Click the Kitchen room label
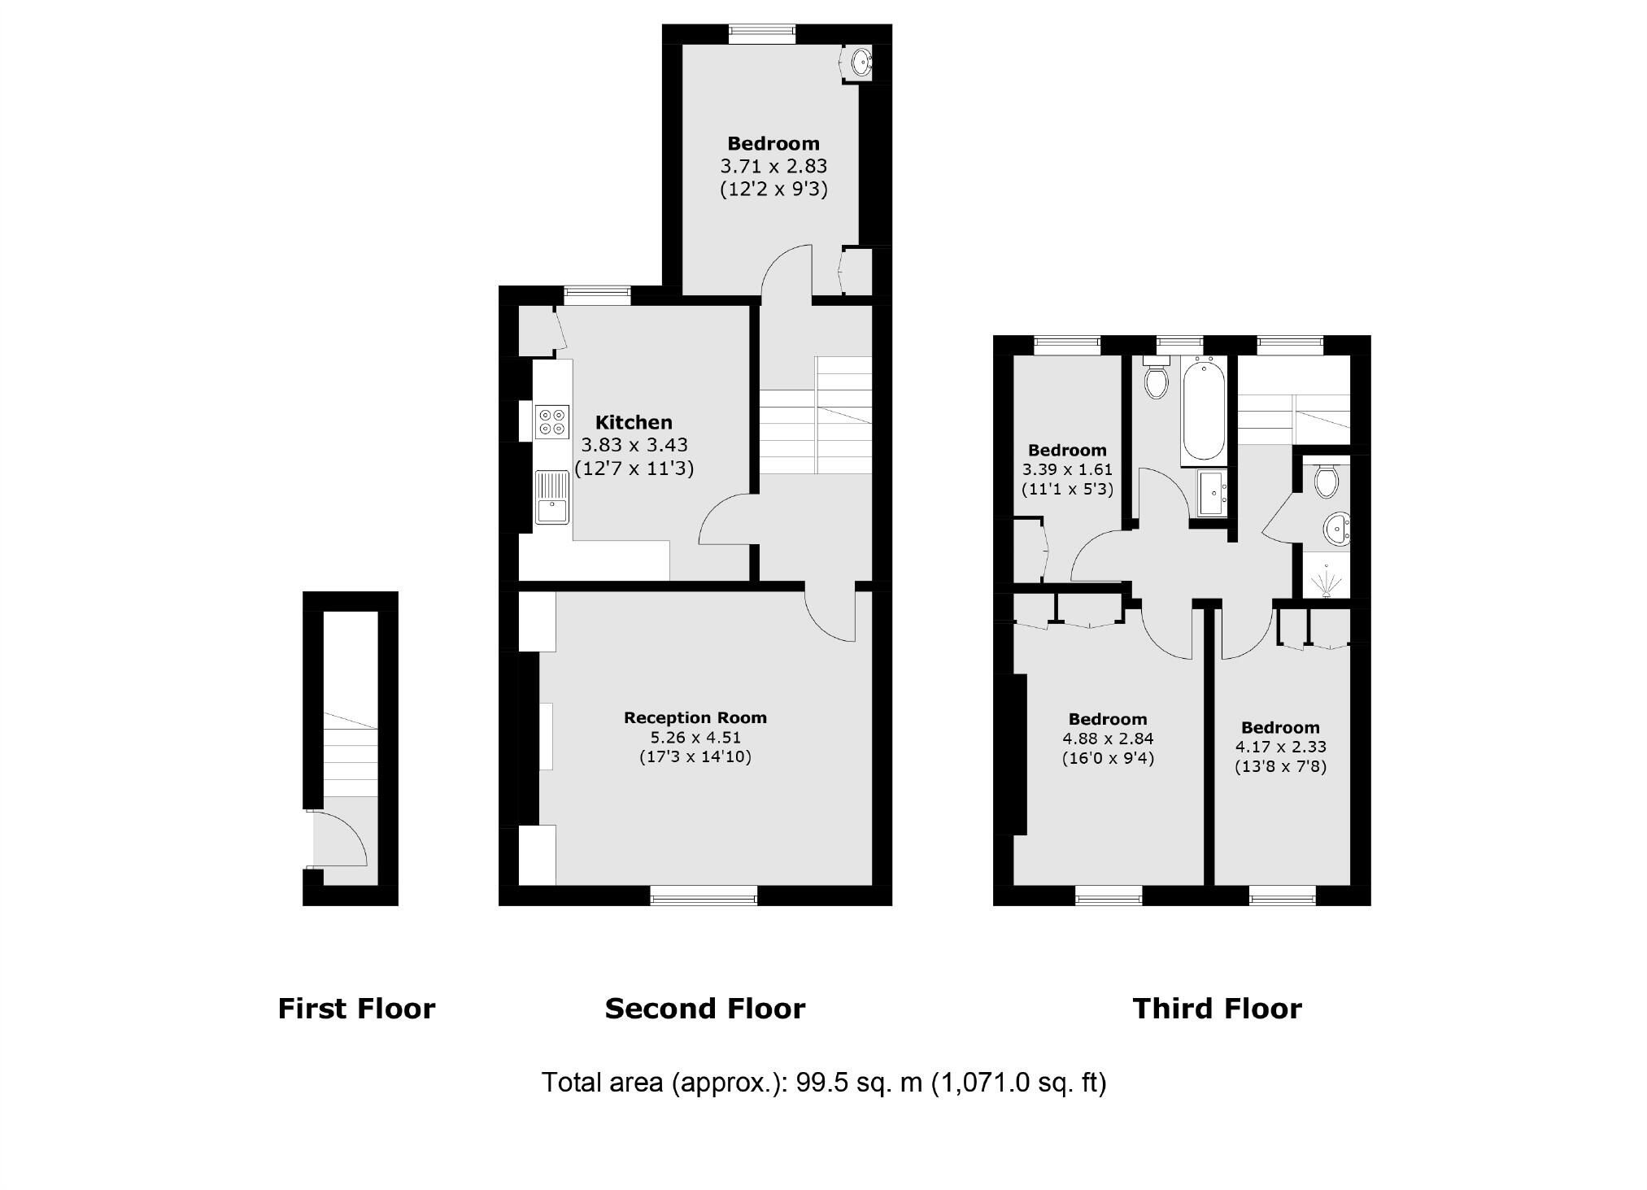coord(634,422)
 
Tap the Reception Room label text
coord(695,717)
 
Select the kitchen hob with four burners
coord(551,421)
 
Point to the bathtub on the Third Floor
coord(1203,412)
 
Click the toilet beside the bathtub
coord(1155,378)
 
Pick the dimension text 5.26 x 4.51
coord(695,738)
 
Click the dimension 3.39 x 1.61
coord(1067,469)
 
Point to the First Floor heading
coord(356,1009)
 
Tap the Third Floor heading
coord(1217,1009)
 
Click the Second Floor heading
coord(704,1009)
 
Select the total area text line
coord(823,1083)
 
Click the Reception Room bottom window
coord(704,896)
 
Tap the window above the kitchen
coord(598,295)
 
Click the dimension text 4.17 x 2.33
coord(1280,747)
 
